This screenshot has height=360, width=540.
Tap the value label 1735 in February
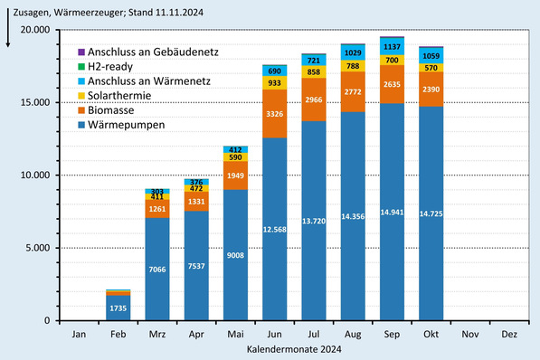pyautogui.click(x=118, y=308)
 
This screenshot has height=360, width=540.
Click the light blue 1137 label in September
pyautogui.click(x=392, y=45)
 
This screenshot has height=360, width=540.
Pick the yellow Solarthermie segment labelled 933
pyautogui.click(x=274, y=82)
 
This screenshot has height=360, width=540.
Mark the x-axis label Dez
pyautogui.click(x=509, y=335)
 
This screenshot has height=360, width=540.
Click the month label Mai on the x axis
pyautogui.click(x=235, y=335)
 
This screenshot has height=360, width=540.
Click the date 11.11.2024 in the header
pyautogui.click(x=185, y=10)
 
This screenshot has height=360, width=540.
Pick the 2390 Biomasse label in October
pyautogui.click(x=431, y=90)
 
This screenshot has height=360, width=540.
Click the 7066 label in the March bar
pyautogui.click(x=156, y=270)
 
